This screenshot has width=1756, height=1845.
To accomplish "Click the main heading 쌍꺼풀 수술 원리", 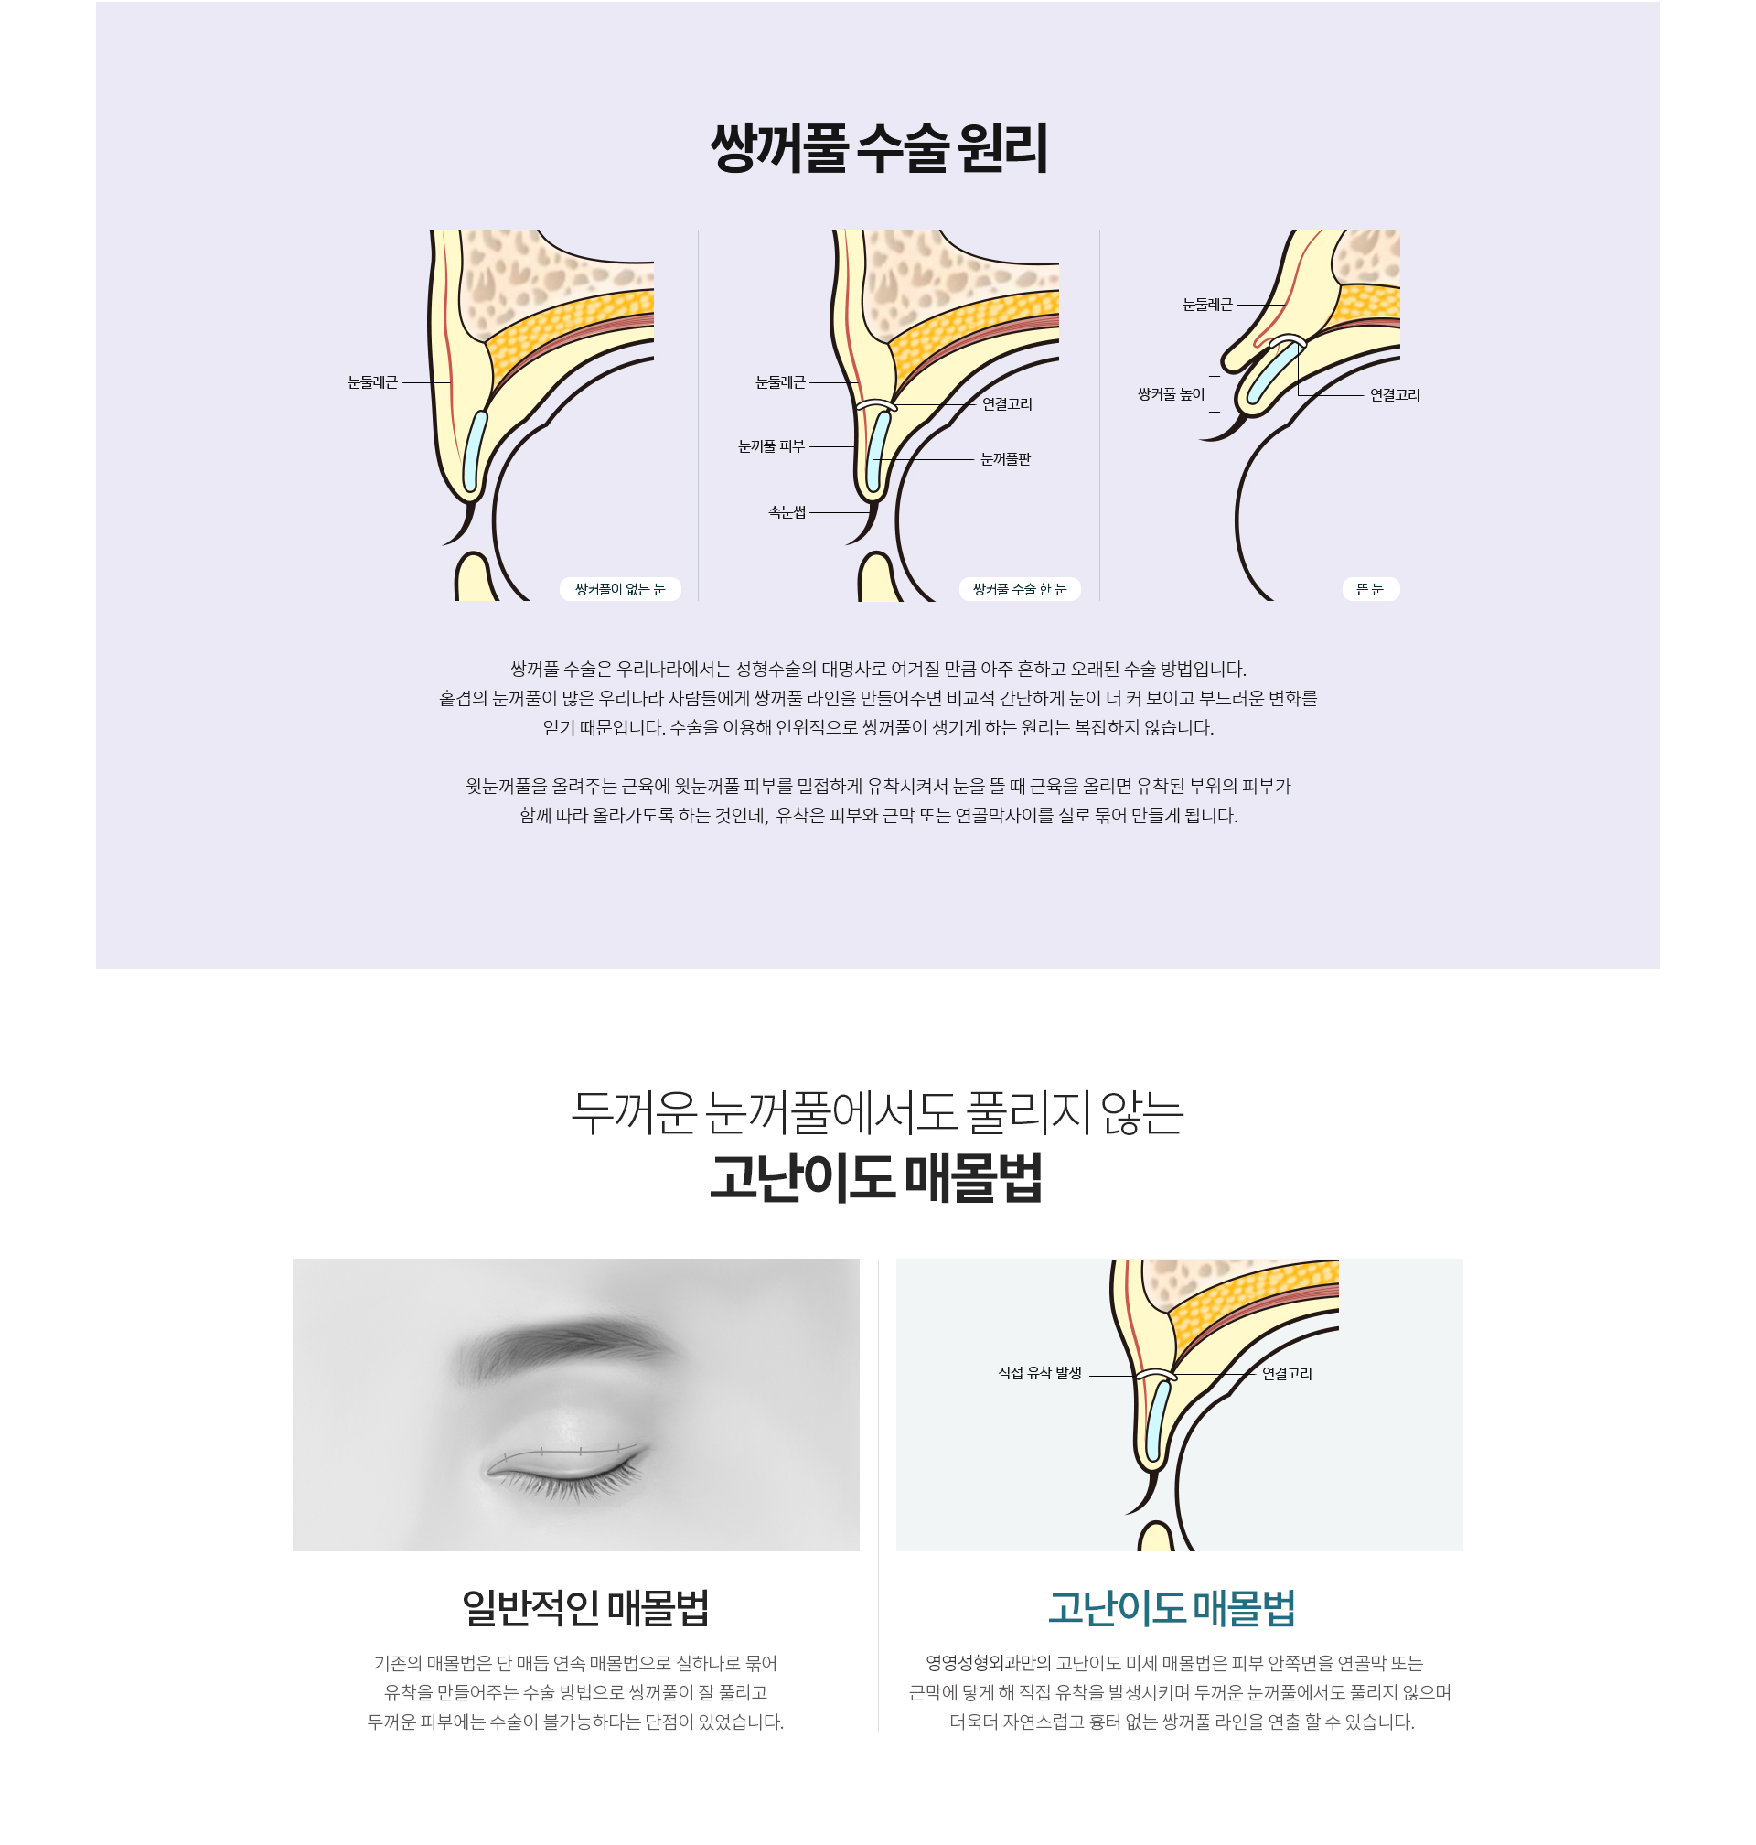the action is pos(878,148).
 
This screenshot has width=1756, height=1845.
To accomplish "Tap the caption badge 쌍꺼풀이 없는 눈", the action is pos(620,589).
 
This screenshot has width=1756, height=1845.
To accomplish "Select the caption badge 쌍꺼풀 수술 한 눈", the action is pos(1020,589).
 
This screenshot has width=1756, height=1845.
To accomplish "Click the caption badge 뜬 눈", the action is pos(1370,589).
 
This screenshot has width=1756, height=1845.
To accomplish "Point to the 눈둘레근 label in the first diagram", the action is pos(372,382).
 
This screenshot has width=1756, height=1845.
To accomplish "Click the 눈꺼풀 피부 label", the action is pos(771,446).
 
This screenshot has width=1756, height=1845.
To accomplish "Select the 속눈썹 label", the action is pos(787,512).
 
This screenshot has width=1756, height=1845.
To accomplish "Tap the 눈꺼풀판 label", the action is pos(1005,459).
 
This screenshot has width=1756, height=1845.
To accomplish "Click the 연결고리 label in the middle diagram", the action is pos(1007,404).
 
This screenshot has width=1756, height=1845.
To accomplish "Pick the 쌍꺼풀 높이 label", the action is pos(1171,395).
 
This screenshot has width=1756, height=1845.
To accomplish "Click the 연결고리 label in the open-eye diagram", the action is pos(1395,395).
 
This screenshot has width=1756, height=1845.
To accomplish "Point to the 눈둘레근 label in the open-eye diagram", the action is pos(1207,305).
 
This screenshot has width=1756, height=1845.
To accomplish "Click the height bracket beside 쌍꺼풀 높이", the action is pos(1215,394).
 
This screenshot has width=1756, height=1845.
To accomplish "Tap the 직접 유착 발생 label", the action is pos(1040,1373).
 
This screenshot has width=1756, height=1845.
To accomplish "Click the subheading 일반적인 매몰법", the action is pos(586,1608).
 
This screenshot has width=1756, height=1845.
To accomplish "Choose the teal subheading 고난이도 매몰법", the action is pos(1171,1608).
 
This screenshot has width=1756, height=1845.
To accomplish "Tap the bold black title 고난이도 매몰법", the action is pos(876,1177).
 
